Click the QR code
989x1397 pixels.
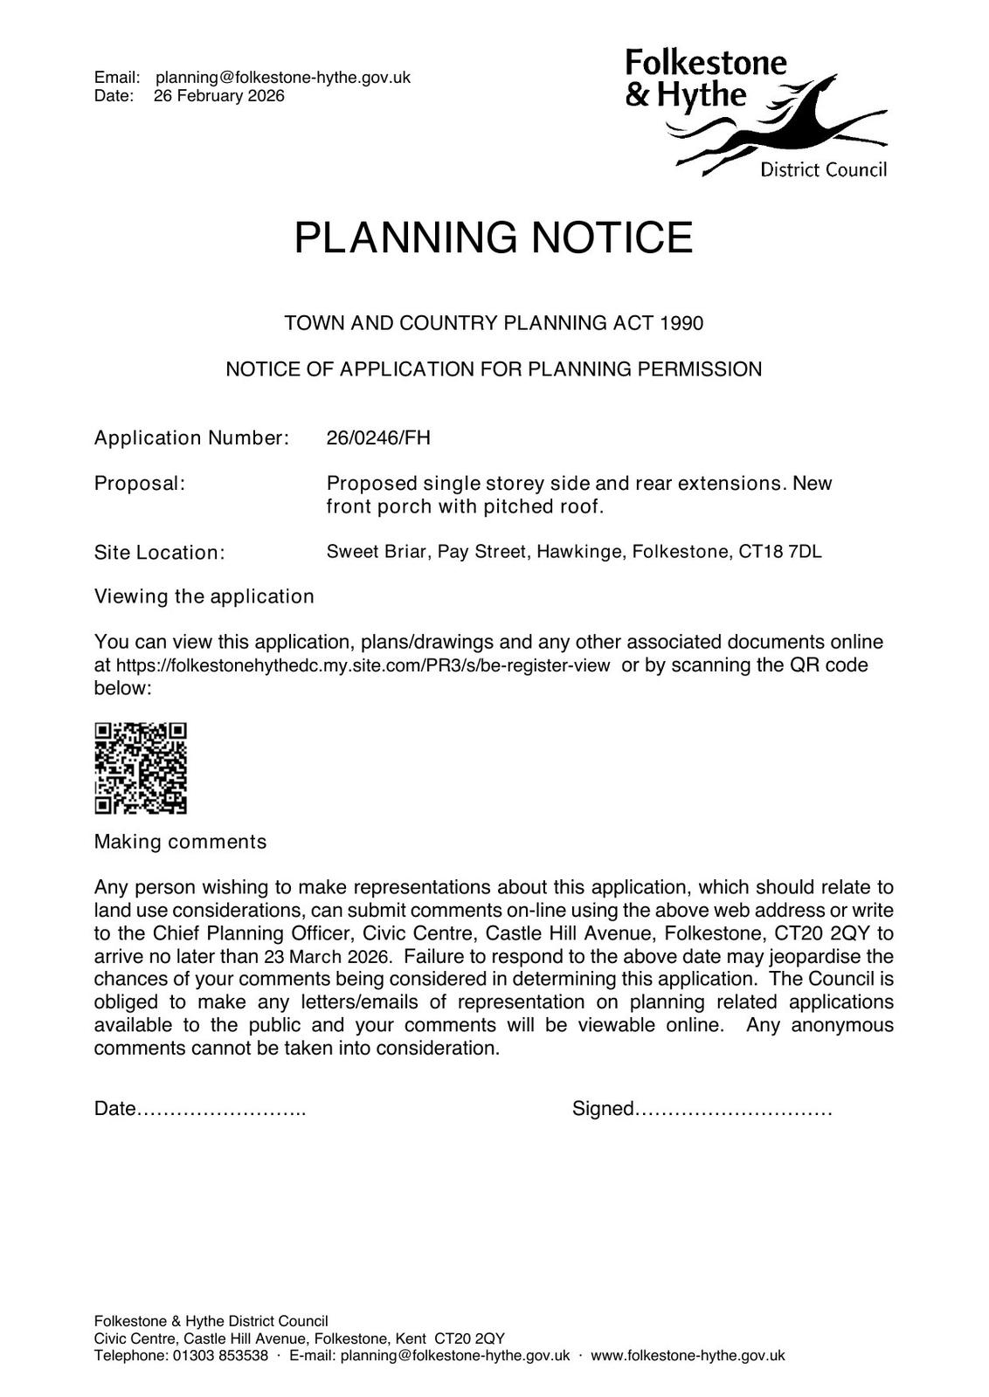[141, 768]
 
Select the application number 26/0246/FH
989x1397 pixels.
[378, 437]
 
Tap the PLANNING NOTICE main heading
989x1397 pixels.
[494, 237]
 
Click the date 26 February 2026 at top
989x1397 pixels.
[219, 96]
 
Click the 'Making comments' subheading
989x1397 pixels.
[180, 842]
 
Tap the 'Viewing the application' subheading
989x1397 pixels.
[204, 596]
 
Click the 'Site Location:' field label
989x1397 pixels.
[159, 553]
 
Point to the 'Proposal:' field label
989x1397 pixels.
[140, 483]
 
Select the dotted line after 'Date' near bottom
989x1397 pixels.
[222, 1110]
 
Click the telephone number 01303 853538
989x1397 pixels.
[220, 1356]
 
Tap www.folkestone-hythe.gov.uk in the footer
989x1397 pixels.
[688, 1356]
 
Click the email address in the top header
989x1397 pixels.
[283, 78]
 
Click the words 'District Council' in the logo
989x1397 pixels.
[823, 169]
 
